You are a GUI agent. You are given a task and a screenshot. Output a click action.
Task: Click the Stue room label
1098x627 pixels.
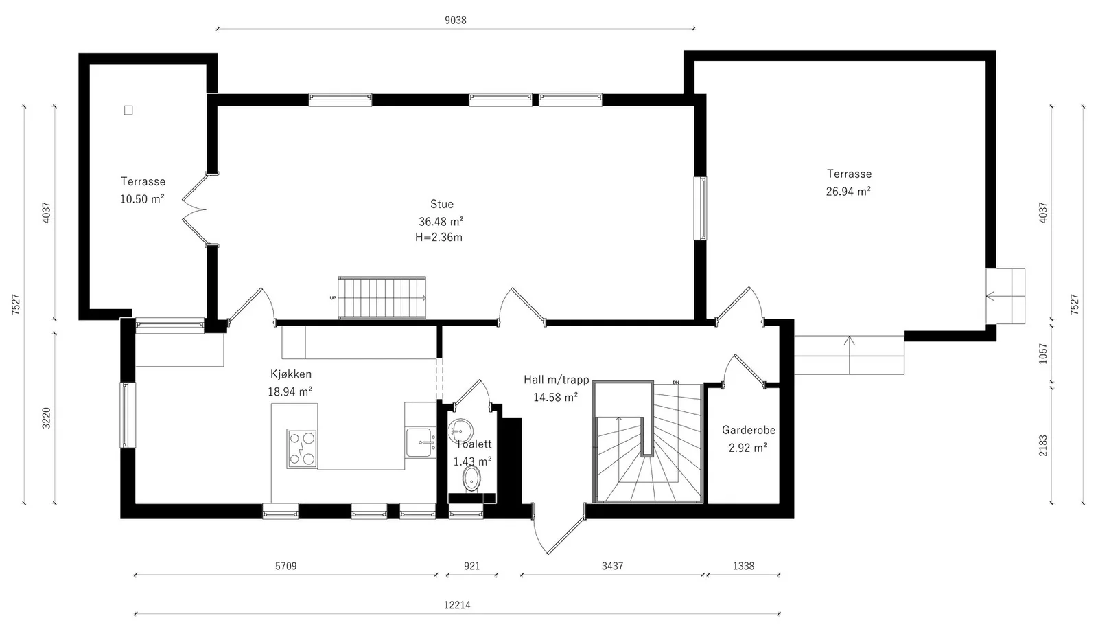[442, 204]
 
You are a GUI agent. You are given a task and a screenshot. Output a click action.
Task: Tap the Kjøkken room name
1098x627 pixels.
[291, 374]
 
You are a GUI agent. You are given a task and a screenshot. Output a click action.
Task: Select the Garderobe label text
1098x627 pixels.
[749, 431]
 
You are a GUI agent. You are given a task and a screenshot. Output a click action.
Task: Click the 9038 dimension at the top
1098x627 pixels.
[456, 20]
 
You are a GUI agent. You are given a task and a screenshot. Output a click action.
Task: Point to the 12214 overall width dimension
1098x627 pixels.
[457, 605]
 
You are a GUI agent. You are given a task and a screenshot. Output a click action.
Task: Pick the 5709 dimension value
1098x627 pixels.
[285, 566]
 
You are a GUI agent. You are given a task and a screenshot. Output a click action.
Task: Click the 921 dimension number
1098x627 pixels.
[471, 566]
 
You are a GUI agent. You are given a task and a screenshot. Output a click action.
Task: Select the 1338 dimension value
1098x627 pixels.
[743, 566]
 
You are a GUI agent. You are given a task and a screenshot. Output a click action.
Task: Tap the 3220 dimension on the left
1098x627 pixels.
[46, 418]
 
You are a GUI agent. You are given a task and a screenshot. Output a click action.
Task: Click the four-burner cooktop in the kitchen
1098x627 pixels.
[302, 448]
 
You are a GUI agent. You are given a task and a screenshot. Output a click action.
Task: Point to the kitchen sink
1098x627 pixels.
[421, 442]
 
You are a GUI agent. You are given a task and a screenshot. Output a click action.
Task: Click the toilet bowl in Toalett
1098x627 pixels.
[471, 479]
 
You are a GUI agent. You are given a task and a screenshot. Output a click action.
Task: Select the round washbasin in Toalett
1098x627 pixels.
[460, 431]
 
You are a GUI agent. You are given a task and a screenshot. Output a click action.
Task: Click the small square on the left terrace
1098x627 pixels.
[128, 111]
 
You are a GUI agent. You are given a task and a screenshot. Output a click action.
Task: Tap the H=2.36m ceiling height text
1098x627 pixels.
[439, 238]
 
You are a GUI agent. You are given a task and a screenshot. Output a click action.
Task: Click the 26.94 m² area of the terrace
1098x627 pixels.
[848, 192]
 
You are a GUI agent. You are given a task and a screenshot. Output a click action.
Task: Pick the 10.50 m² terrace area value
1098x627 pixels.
[142, 198]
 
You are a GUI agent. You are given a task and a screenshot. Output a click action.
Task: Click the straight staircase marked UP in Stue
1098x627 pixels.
[382, 297]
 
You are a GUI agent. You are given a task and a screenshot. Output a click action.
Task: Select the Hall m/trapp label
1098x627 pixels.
[557, 380]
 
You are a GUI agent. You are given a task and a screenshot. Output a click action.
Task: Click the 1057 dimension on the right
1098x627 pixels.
[1042, 353]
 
